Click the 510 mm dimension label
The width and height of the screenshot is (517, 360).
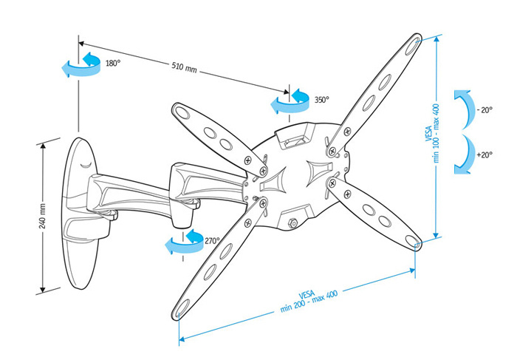click(185, 67)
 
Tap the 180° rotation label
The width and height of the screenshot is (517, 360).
click(112, 64)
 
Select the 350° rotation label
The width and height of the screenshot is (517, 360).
click(321, 99)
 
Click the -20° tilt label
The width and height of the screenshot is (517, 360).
click(485, 110)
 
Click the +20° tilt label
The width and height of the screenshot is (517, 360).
click(485, 155)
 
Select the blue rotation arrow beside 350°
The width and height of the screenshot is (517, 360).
click(289, 101)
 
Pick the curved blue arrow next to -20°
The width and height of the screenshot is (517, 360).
click(463, 109)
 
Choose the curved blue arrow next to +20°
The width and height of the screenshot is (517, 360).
click(463, 154)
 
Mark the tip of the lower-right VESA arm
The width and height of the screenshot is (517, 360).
click(414, 240)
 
